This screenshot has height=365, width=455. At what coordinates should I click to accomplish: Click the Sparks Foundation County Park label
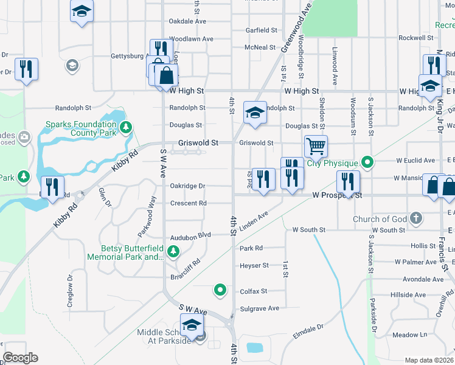81,128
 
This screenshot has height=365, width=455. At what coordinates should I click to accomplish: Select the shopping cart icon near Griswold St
316,146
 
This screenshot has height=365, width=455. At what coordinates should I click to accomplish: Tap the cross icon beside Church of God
416,218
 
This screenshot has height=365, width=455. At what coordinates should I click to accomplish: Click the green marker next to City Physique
367,162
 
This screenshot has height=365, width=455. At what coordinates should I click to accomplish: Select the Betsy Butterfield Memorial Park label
133,252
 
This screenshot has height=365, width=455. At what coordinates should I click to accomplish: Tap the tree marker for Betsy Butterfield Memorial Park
173,251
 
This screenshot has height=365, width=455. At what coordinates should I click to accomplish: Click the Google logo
20,358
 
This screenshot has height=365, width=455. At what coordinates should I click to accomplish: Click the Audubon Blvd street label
191,235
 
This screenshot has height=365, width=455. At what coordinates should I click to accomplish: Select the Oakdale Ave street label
187,21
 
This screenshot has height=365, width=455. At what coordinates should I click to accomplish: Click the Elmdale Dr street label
308,332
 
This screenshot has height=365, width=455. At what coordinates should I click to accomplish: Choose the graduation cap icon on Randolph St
255,111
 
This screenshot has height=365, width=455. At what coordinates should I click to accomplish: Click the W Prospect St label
337,196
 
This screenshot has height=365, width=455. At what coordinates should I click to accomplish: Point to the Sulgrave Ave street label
259,308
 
